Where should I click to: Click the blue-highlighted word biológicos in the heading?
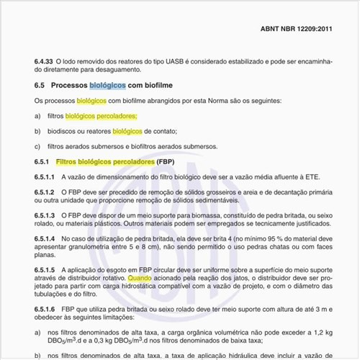tap(107, 85)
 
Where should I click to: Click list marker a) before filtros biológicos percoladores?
tap(37, 115)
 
